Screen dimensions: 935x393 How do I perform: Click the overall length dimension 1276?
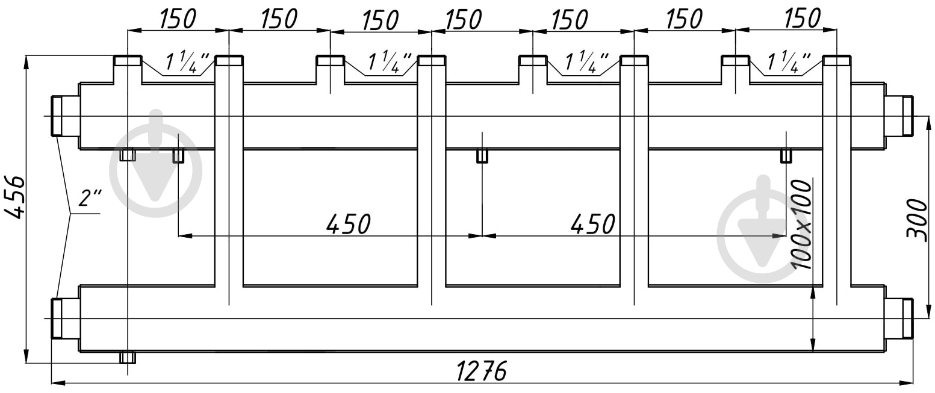point(481,371)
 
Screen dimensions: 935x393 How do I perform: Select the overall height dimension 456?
point(16,197)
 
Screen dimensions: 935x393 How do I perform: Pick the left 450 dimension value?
point(348,224)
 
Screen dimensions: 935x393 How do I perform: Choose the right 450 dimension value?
point(592,224)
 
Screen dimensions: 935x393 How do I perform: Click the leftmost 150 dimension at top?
point(177,19)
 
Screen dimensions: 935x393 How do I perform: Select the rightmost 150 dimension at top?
point(802,19)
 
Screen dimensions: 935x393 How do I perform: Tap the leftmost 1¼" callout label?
point(184,62)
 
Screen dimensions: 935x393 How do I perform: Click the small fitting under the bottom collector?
point(128,357)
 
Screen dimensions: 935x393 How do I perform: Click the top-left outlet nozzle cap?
point(128,61)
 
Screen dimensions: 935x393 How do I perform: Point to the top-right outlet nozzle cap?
point(837,61)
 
